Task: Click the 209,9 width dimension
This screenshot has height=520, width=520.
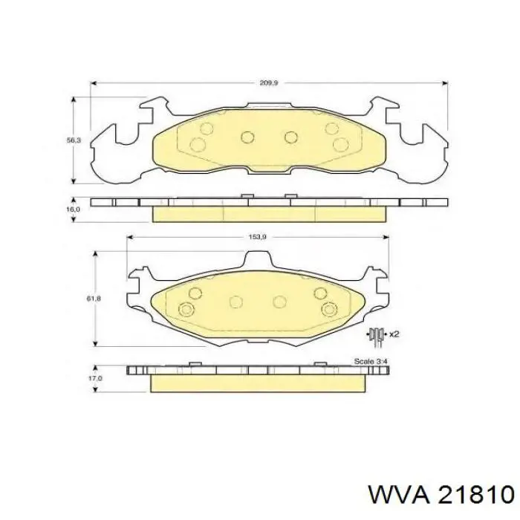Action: (x=268, y=83)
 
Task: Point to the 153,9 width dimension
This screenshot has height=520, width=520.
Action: (x=257, y=237)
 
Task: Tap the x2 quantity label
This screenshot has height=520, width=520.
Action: (x=394, y=335)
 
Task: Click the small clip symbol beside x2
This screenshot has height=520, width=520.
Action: (x=377, y=335)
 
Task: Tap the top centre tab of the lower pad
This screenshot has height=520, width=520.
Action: (x=257, y=260)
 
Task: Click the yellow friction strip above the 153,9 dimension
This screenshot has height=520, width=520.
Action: (x=269, y=214)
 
